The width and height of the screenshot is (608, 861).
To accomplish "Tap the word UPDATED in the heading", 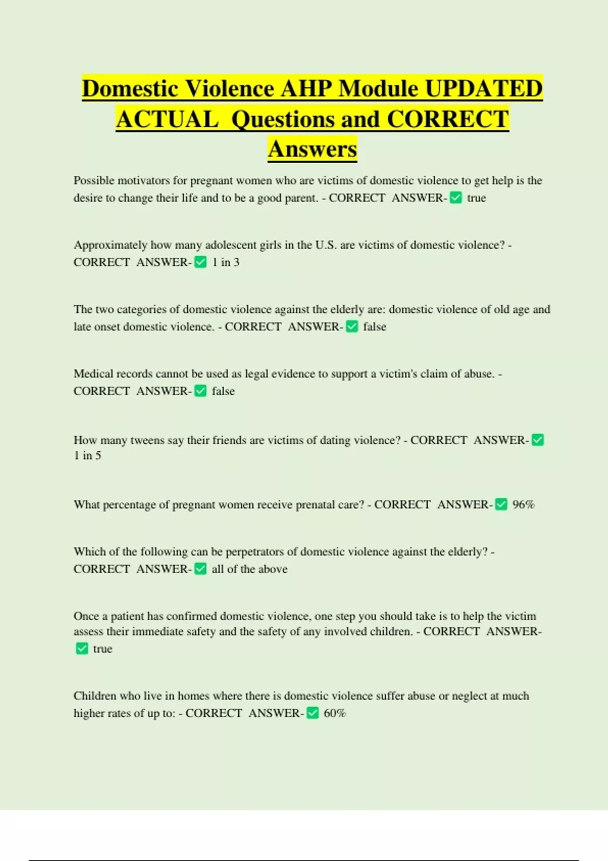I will [483, 89].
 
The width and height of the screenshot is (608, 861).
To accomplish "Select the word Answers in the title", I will [313, 149].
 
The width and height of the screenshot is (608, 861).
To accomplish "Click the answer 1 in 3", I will [225, 262].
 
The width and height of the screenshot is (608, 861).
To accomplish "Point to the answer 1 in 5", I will [87, 456].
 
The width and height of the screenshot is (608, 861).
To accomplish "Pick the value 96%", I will [523, 504].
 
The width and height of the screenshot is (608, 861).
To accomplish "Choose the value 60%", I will [334, 713].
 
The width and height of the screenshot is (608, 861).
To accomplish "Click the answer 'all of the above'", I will [249, 569].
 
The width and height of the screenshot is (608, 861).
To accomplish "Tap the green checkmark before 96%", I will [501, 504].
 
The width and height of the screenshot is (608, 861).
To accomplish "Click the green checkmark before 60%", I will [313, 713].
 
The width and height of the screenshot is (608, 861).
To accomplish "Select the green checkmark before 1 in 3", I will [201, 262].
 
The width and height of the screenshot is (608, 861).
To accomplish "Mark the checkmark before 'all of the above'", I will [201, 569].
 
